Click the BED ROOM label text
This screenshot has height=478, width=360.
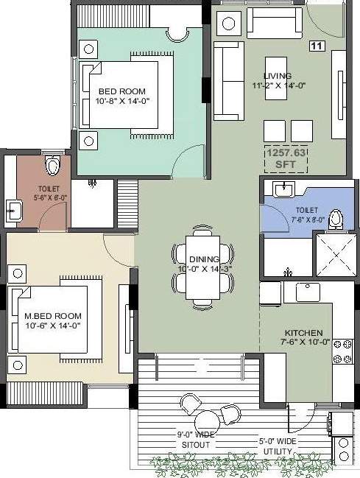point(118,91)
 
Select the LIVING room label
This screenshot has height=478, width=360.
point(277,76)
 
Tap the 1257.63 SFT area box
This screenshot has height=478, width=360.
point(285,158)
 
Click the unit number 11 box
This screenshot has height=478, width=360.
point(317,46)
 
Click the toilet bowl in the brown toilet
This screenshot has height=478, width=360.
point(52,166)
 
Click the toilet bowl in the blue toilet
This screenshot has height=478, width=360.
point(336,219)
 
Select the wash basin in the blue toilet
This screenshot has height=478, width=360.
point(280,189)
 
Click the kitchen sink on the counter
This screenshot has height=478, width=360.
point(306,292)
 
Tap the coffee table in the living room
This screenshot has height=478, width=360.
point(276,74)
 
